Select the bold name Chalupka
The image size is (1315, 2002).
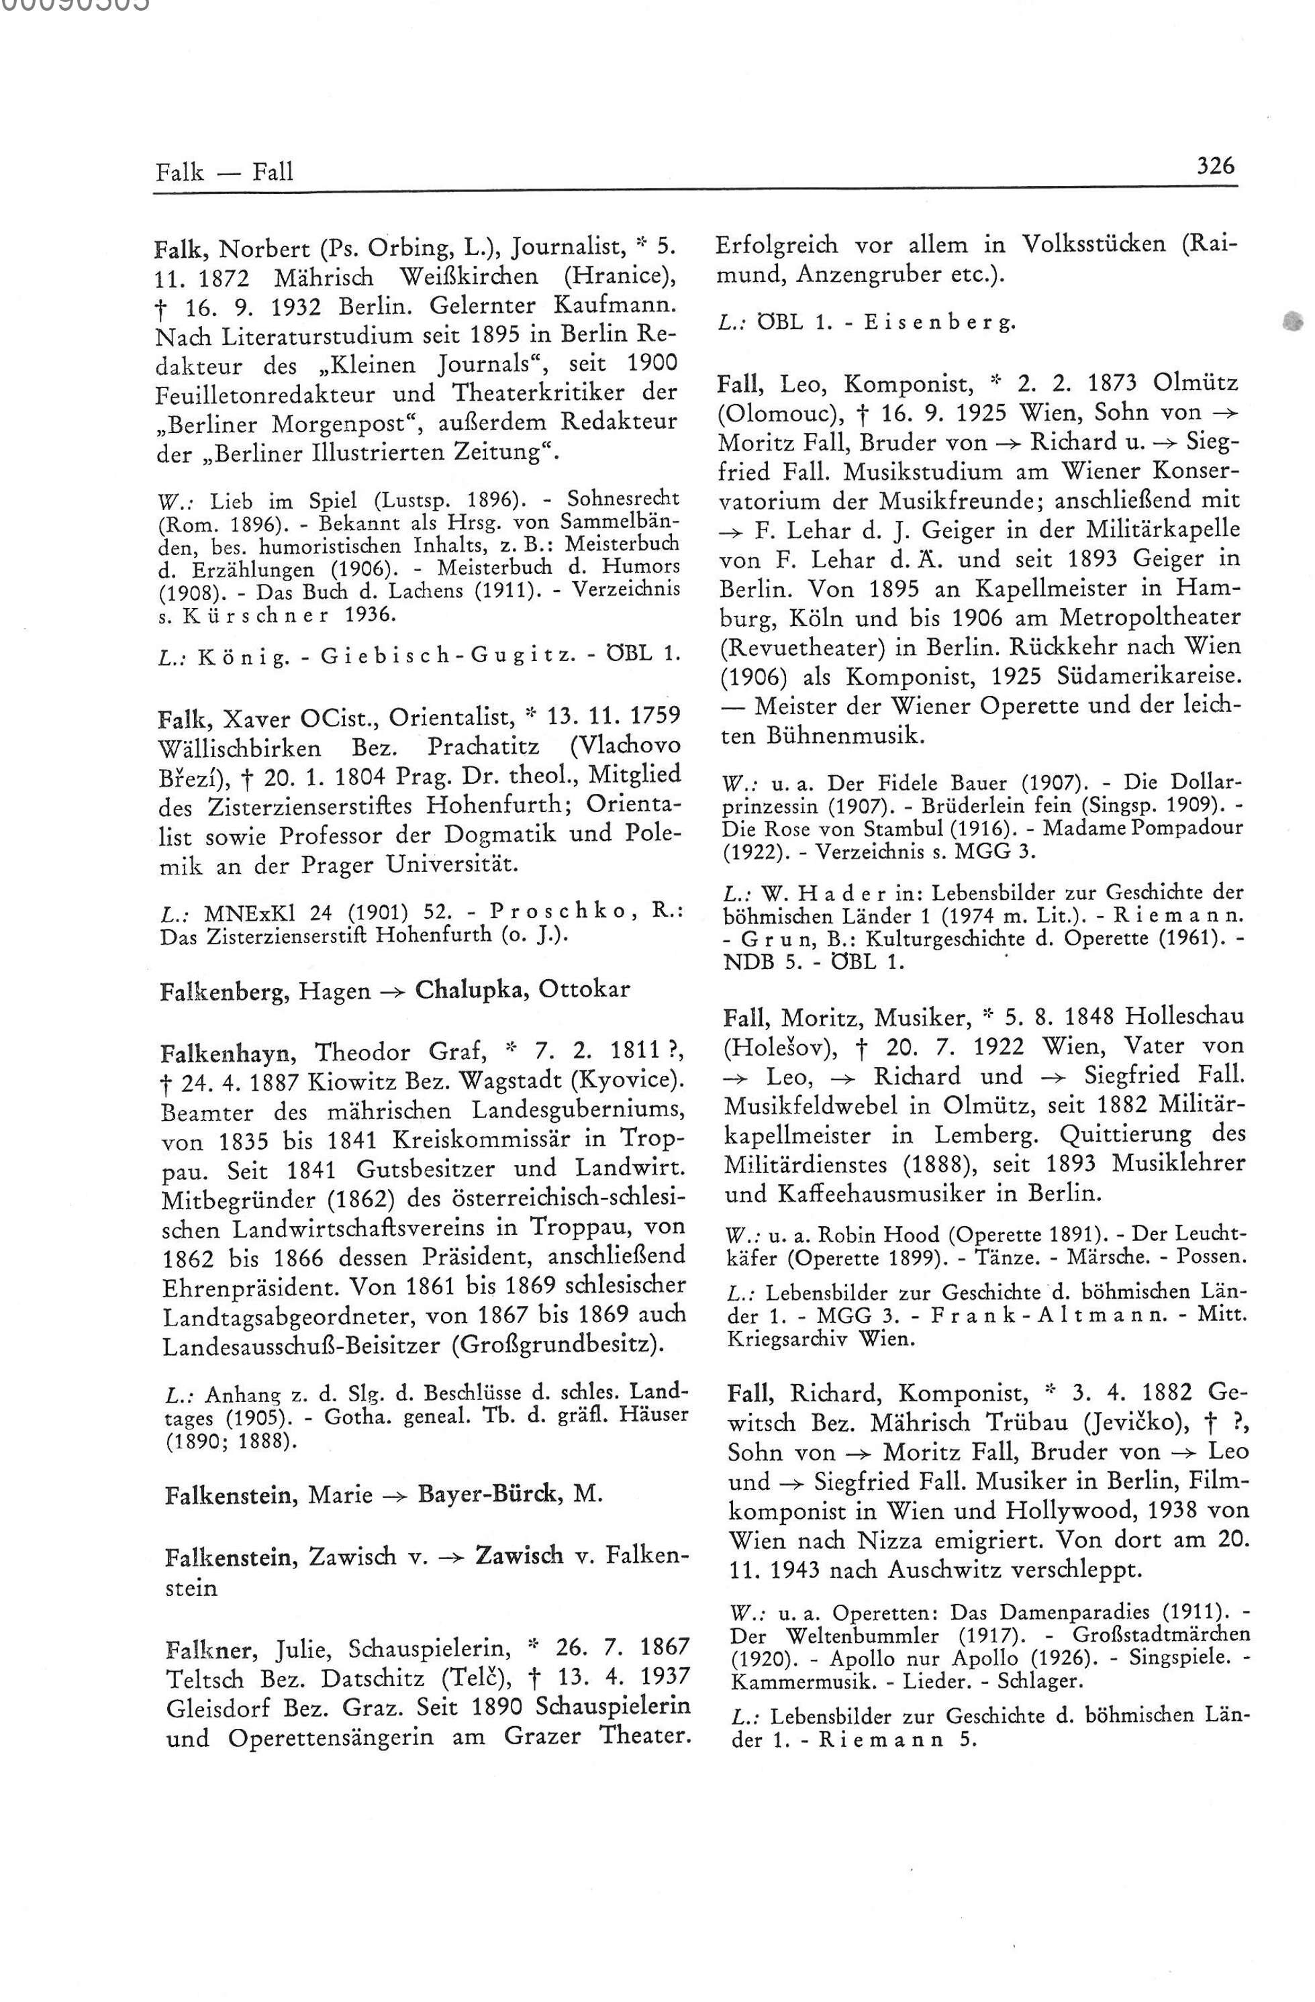(x=472, y=989)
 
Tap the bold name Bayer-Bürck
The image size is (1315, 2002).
(x=492, y=1494)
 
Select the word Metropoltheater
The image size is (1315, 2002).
(x=1149, y=617)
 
